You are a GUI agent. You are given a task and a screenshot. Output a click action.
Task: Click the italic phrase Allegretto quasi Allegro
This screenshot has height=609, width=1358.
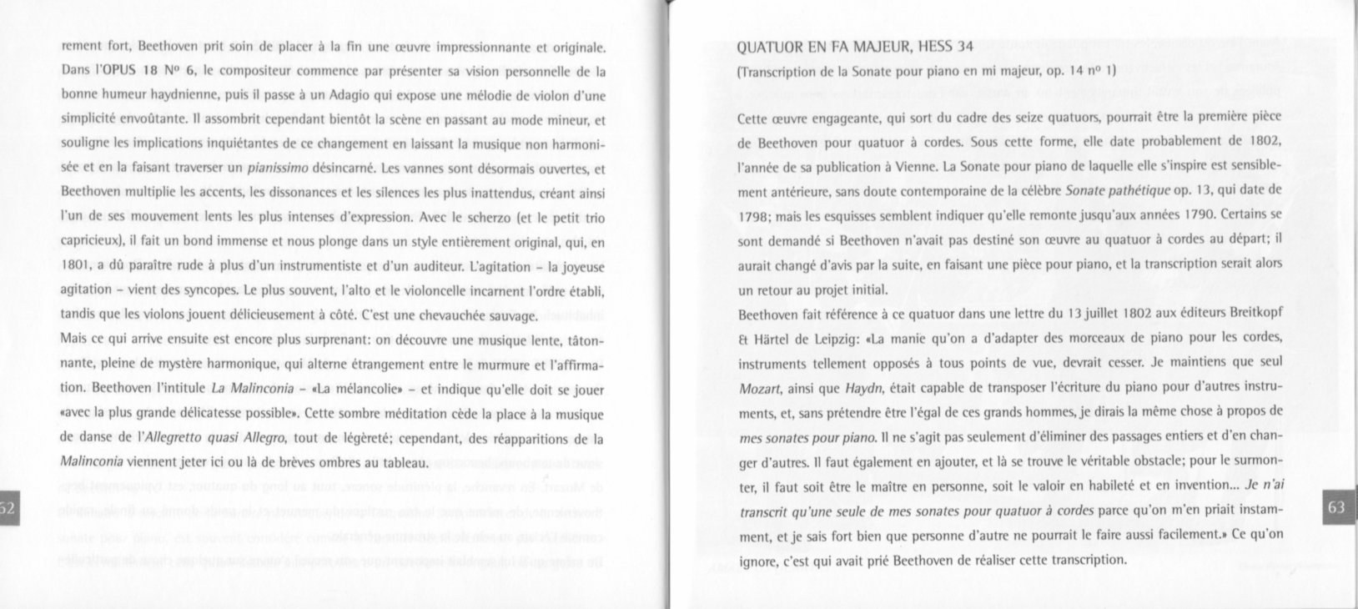[x=216, y=438]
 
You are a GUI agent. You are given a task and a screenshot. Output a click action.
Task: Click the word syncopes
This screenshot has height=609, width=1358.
[x=205, y=291]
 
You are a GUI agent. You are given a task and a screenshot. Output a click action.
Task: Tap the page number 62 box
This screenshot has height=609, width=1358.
[x=8, y=508]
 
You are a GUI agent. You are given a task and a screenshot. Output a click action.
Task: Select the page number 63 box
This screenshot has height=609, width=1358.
[x=1335, y=508]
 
